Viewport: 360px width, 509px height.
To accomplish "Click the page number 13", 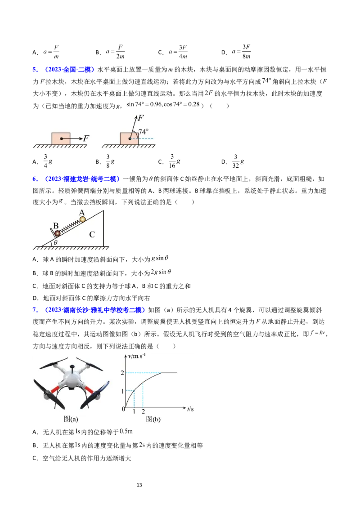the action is [139, 485].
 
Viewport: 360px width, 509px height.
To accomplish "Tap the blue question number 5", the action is [35, 69].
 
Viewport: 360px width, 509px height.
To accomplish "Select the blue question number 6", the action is [35, 179].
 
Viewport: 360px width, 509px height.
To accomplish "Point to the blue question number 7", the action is [35, 310].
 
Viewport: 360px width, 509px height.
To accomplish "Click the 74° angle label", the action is [143, 131].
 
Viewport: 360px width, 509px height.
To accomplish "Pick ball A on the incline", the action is [82, 219].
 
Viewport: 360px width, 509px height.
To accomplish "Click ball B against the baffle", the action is [57, 233].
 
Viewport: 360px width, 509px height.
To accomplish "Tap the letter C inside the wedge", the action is [92, 234].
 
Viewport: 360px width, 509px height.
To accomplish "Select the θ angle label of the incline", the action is [55, 242].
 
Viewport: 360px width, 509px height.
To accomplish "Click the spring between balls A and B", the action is [70, 226].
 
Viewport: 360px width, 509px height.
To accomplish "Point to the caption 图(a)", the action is [71, 419].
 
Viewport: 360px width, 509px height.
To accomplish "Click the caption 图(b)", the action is [153, 419].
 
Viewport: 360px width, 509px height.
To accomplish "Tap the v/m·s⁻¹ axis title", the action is [137, 356].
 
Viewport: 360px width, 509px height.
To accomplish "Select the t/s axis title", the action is [190, 409].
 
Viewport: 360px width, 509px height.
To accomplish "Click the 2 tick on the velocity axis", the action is [122, 373].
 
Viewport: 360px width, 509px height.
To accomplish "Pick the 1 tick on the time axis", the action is [134, 411].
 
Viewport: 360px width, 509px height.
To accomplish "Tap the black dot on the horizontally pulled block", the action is [61, 138].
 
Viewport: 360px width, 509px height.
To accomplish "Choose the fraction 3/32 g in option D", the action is [238, 161].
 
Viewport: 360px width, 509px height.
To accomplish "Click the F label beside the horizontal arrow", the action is [86, 138].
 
